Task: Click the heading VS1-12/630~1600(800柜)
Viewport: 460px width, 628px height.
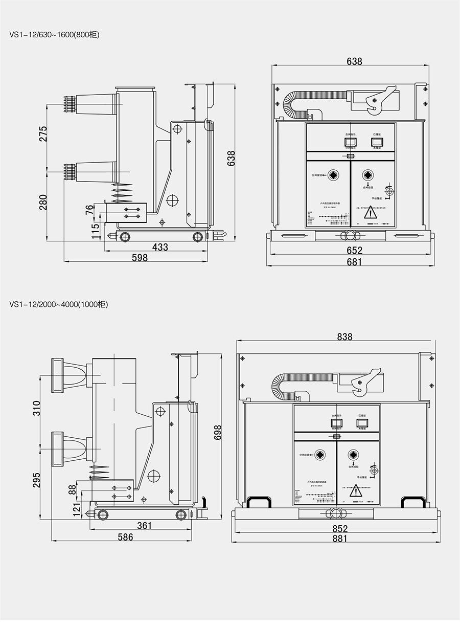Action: [54, 35]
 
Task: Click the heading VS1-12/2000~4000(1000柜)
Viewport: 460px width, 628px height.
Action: [58, 304]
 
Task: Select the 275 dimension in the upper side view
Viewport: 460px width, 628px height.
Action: [43, 134]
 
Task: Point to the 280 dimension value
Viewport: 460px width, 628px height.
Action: [43, 202]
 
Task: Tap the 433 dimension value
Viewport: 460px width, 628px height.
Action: [160, 247]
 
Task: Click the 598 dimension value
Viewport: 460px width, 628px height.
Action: [140, 258]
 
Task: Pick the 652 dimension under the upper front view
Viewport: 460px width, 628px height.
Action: [354, 251]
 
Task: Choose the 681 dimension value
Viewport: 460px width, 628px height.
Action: [354, 262]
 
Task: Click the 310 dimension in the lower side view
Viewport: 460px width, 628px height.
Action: [37, 408]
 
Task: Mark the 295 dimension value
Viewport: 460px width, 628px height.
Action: [37, 480]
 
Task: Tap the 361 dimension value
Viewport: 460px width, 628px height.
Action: [145, 526]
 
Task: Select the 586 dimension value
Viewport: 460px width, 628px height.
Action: [125, 537]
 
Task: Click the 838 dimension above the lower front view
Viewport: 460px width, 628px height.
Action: [344, 337]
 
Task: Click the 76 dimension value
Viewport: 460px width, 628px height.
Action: [89, 210]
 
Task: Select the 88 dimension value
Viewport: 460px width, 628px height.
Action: [73, 489]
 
